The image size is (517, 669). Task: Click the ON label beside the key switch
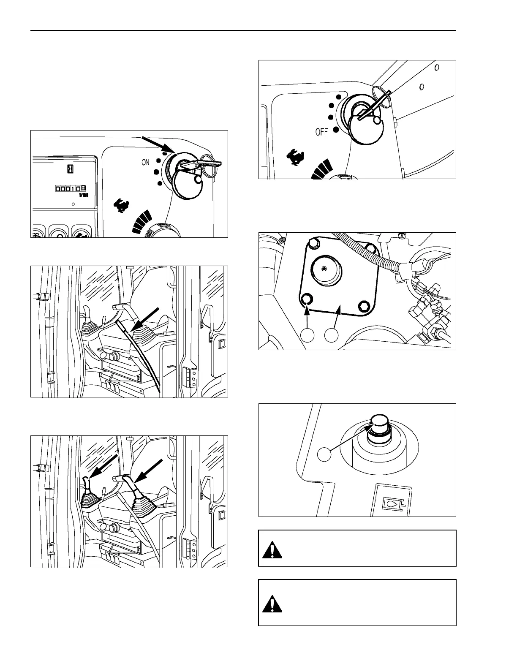tap(145, 162)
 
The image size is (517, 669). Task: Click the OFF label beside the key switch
tap(321, 132)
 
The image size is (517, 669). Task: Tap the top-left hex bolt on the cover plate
tap(313, 243)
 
